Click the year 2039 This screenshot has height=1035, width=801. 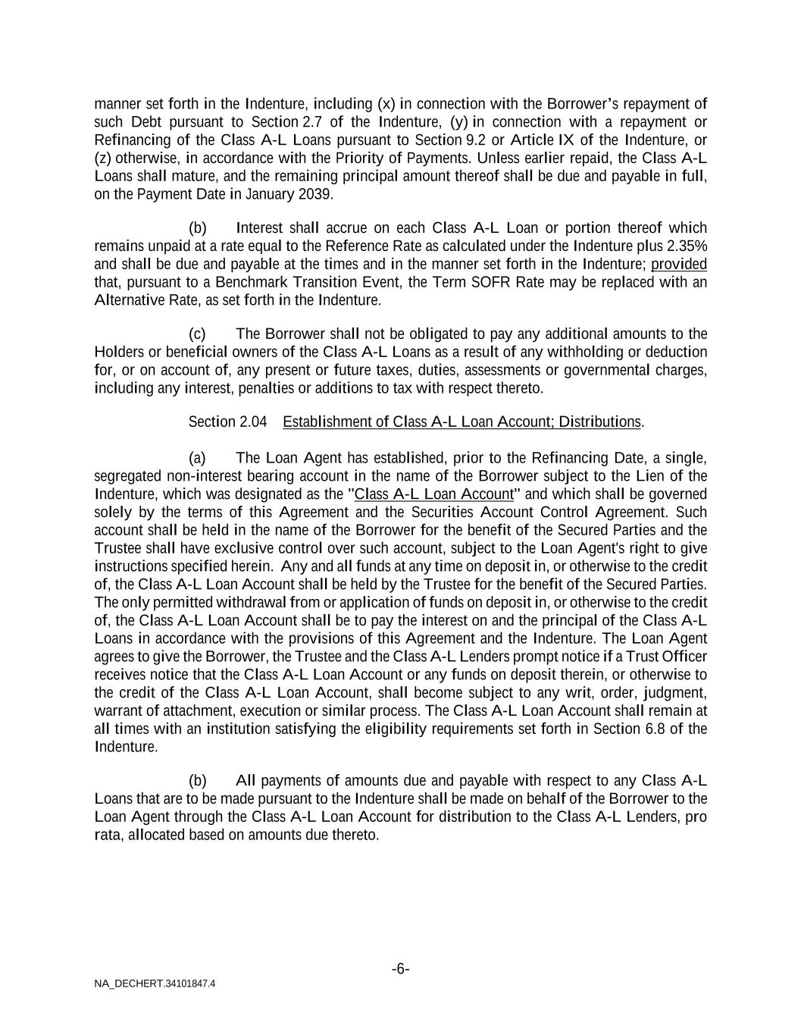(x=317, y=194)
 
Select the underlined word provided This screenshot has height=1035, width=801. (x=679, y=264)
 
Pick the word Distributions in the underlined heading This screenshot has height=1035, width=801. (x=603, y=422)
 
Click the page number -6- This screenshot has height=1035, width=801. (x=401, y=969)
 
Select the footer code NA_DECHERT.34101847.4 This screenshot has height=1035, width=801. (x=155, y=983)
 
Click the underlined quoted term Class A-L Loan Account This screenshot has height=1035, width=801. (x=434, y=494)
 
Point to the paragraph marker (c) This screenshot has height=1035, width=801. (x=197, y=334)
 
